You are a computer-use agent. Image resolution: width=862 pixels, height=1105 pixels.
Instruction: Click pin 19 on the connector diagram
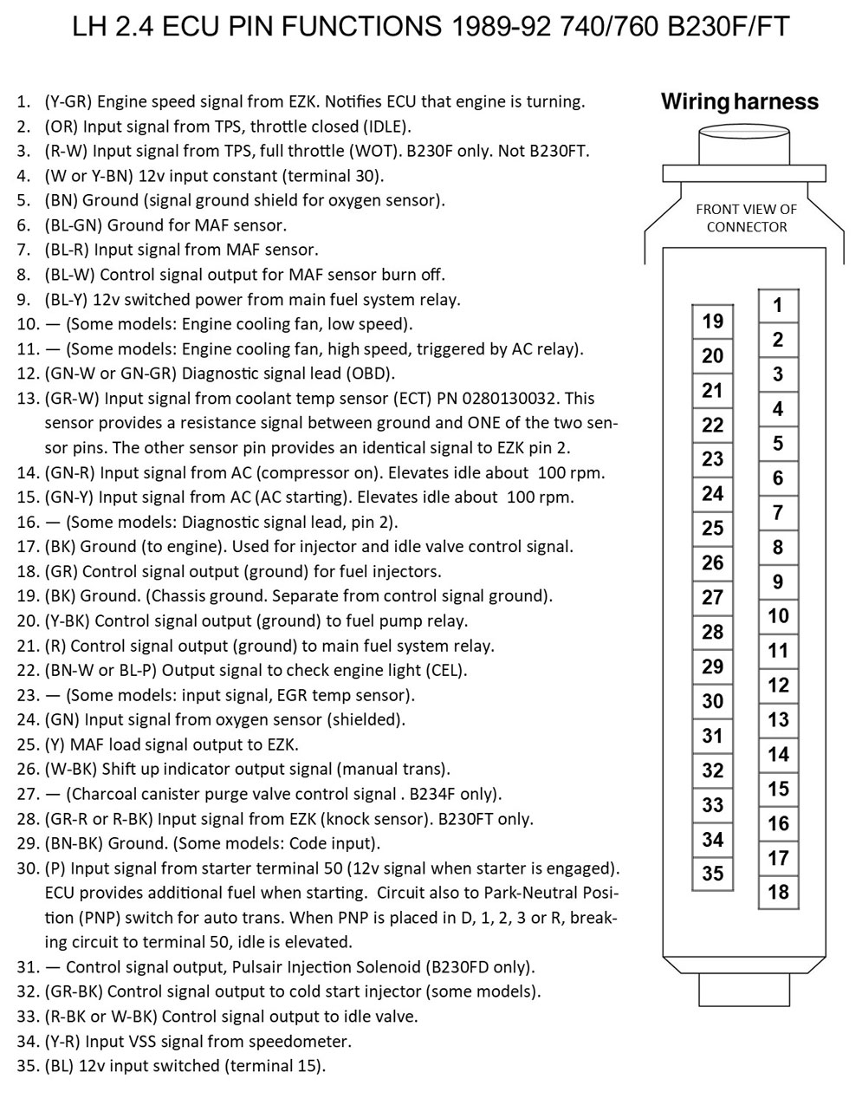pos(712,322)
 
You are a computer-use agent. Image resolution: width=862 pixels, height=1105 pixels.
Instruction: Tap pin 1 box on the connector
pos(778,305)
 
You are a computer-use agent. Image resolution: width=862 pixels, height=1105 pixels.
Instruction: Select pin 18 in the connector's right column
pos(778,892)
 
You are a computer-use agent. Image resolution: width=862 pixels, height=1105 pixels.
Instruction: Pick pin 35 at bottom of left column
pos(712,874)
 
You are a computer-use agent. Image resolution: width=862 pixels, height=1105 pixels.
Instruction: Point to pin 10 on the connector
pos(778,616)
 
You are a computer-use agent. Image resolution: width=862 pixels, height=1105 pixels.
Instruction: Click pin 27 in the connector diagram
pos(712,597)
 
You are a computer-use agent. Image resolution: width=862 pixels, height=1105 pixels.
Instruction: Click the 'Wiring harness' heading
pos(739,102)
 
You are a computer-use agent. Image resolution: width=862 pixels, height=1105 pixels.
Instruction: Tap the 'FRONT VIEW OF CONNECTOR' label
pos(746,218)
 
